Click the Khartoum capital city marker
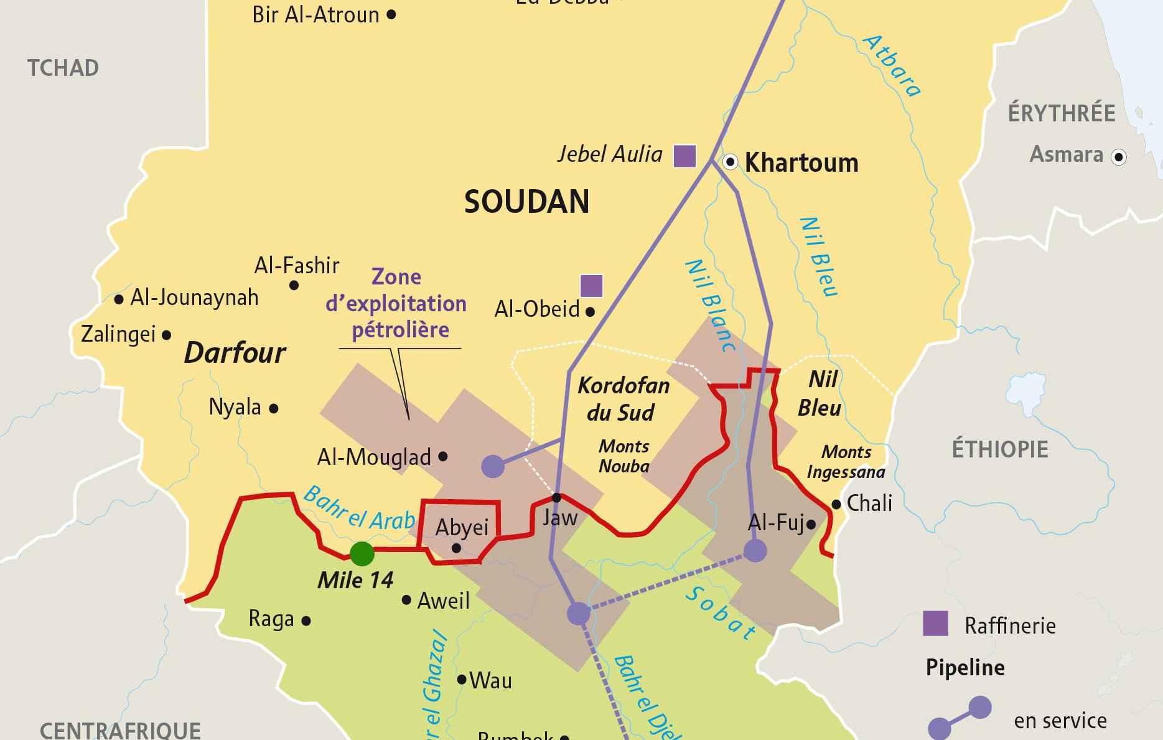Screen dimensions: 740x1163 (731, 162)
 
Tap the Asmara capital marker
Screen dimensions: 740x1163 (1118, 157)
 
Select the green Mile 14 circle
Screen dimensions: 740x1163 (362, 553)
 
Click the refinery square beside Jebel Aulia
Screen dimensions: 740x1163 (684, 156)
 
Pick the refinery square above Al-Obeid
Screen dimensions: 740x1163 (591, 286)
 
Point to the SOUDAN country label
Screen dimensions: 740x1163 (526, 202)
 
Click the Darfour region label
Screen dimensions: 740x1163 (235, 353)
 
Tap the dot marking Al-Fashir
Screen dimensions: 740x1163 (294, 286)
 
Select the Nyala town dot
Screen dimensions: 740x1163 (274, 409)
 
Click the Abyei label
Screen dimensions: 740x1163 (462, 527)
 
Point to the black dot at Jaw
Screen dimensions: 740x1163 (556, 498)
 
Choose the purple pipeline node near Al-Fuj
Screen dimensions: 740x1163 (755, 551)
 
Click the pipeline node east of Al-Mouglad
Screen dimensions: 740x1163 (493, 466)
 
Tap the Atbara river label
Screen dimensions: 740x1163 (892, 66)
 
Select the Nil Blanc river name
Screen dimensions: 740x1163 (710, 306)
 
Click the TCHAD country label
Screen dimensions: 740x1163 (63, 68)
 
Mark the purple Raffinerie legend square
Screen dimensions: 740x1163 (935, 624)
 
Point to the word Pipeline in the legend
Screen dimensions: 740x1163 (965, 668)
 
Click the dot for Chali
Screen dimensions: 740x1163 (836, 504)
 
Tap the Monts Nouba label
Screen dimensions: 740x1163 (624, 456)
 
